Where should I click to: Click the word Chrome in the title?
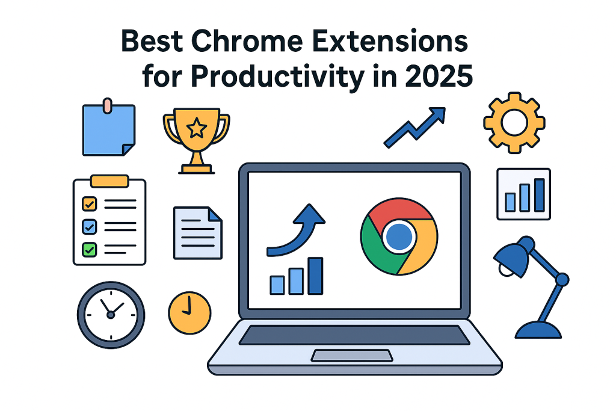[x=247, y=41]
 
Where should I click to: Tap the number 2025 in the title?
[x=439, y=76]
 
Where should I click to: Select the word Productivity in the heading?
[x=277, y=78]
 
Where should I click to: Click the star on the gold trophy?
[x=197, y=128]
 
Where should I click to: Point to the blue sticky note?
[x=109, y=130]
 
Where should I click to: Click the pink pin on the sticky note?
[x=107, y=105]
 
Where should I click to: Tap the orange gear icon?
[x=514, y=123]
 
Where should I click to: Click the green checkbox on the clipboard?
[x=89, y=250]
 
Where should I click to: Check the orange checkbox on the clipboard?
[x=89, y=204]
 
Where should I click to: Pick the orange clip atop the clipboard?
[x=109, y=181]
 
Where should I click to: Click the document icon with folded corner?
[x=197, y=233]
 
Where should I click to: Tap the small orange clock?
[x=189, y=313]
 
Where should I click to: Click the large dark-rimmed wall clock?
[x=111, y=315]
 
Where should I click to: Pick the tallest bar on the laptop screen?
[x=315, y=276]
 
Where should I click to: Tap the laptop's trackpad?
[x=352, y=355]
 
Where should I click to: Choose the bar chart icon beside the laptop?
[x=524, y=194]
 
